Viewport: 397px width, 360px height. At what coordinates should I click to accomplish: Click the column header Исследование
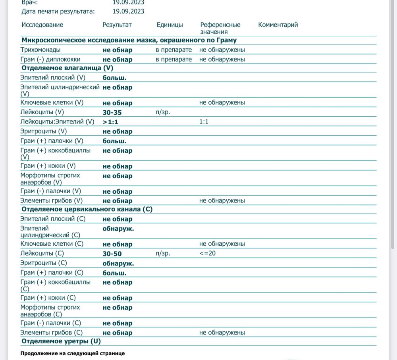pyautogui.click(x=42, y=25)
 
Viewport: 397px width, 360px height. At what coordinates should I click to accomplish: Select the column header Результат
pyautogui.click(x=117, y=25)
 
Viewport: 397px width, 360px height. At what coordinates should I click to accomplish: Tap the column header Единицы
pyautogui.click(x=170, y=25)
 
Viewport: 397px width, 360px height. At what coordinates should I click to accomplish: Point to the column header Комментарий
pyautogui.click(x=278, y=25)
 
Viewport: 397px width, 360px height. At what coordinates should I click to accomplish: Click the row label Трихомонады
pyautogui.click(x=40, y=50)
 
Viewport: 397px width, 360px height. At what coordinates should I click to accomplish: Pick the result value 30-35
pyautogui.click(x=112, y=112)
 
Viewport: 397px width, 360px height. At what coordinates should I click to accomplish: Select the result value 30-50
pyautogui.click(x=112, y=254)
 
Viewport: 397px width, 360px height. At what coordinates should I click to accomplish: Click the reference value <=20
pyautogui.click(x=208, y=253)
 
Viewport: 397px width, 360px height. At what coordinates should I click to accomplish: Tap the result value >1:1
pyautogui.click(x=110, y=122)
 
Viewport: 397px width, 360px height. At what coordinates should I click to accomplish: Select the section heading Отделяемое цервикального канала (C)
pyautogui.click(x=87, y=209)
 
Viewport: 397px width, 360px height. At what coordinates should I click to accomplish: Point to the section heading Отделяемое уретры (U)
pyautogui.click(x=61, y=341)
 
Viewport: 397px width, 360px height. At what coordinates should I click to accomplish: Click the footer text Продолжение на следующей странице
pyautogui.click(x=72, y=353)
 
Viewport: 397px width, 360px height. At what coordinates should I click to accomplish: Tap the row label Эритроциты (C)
pyautogui.click(x=44, y=263)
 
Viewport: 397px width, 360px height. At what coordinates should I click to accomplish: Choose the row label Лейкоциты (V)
pyautogui.click(x=42, y=112)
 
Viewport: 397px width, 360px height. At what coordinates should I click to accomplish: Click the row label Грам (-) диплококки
pyautogui.click(x=50, y=60)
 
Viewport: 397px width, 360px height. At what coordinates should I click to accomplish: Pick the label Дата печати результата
pyautogui.click(x=58, y=11)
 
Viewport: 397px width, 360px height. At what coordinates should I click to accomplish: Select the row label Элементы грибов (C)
pyautogui.click(x=52, y=333)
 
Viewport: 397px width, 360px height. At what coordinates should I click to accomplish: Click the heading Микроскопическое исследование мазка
pyautogui.click(x=129, y=40)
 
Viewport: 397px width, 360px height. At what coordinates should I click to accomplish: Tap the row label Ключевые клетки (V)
pyautogui.click(x=52, y=102)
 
